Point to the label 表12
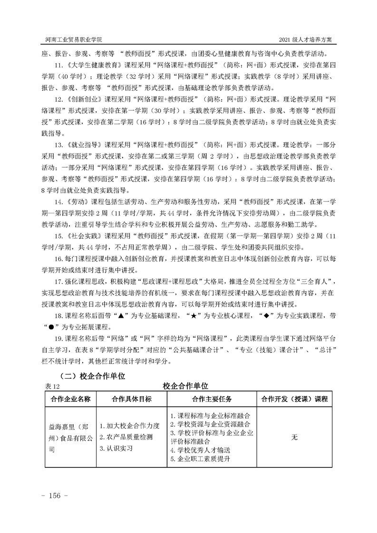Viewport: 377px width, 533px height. tap(50, 387)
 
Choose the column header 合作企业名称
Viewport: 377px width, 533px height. tap(70, 399)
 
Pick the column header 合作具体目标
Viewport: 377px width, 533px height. tap(132, 399)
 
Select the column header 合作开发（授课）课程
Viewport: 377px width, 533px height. tap(294, 399)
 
